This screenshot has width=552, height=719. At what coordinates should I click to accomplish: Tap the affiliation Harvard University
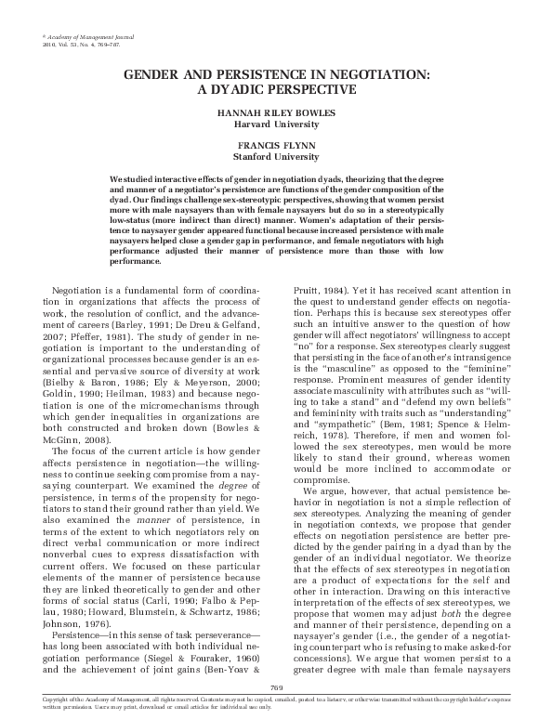(x=276, y=124)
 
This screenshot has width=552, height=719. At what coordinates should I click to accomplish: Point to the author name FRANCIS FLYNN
(x=276, y=146)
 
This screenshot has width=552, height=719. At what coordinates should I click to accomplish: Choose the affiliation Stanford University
(x=276, y=156)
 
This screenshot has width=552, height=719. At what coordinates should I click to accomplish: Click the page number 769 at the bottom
(x=276, y=686)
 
